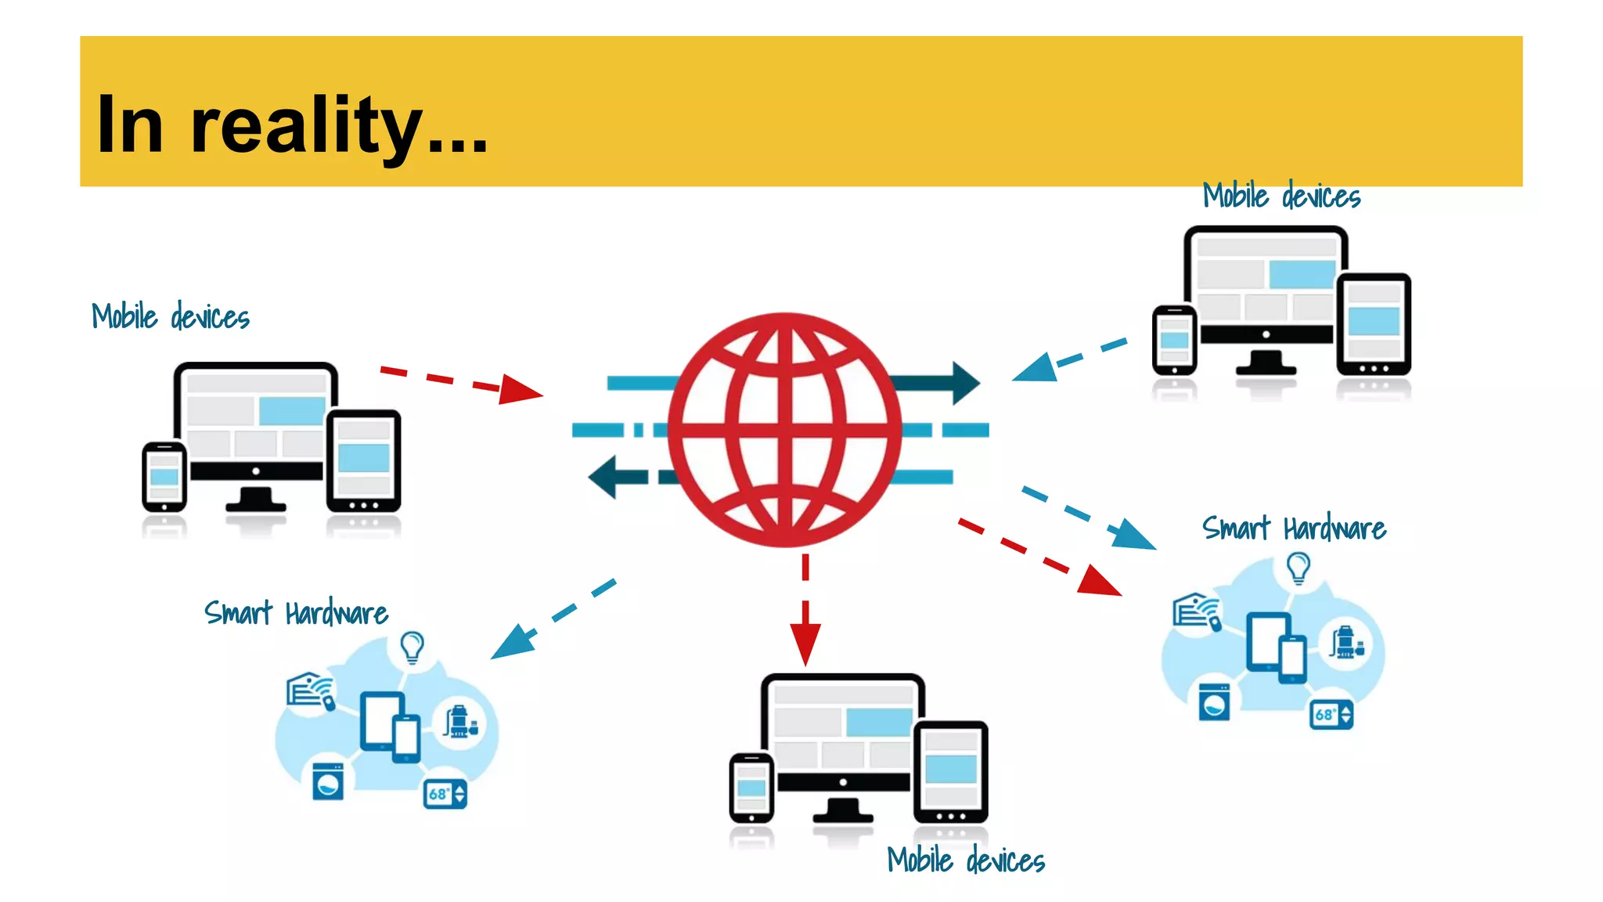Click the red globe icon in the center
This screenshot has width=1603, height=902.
tap(784, 429)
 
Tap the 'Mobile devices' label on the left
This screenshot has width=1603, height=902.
tap(171, 317)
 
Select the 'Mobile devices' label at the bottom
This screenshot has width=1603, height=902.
tap(966, 860)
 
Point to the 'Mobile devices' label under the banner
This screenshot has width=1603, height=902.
tap(1281, 196)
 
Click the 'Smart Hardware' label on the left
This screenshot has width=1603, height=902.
tap(296, 613)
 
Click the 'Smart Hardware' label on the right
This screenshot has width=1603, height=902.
tap(1294, 529)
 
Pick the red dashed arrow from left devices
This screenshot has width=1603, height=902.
tap(462, 381)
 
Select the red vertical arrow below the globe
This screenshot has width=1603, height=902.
tap(805, 611)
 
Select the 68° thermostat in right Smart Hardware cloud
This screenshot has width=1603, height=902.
tap(1331, 714)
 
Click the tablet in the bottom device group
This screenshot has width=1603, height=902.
tap(950, 772)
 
